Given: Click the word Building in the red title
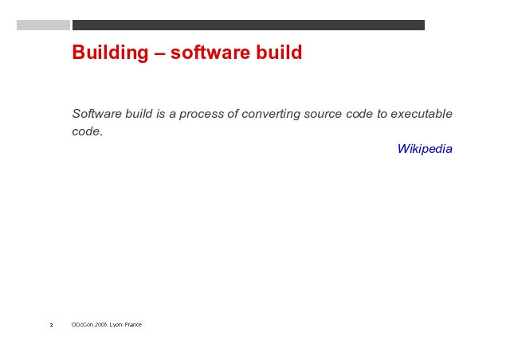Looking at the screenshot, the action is [110, 53].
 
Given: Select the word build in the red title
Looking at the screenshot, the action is [279, 52].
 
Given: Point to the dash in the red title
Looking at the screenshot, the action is [159, 53].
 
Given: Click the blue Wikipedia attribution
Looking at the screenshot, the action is [425, 149].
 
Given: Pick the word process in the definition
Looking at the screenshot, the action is [202, 114].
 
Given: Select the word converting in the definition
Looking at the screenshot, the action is [271, 114].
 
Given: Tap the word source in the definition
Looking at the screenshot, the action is [323, 114].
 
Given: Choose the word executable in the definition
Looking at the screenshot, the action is [422, 114].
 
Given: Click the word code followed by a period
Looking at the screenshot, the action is [87, 131].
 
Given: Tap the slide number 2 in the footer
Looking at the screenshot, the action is [51, 325].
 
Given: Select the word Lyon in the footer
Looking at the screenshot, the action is [116, 324].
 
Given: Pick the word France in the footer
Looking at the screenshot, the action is [133, 324].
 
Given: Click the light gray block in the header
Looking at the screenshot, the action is [43, 25].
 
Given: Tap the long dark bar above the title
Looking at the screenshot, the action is [249, 25].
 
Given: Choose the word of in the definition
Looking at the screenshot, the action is [233, 114].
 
